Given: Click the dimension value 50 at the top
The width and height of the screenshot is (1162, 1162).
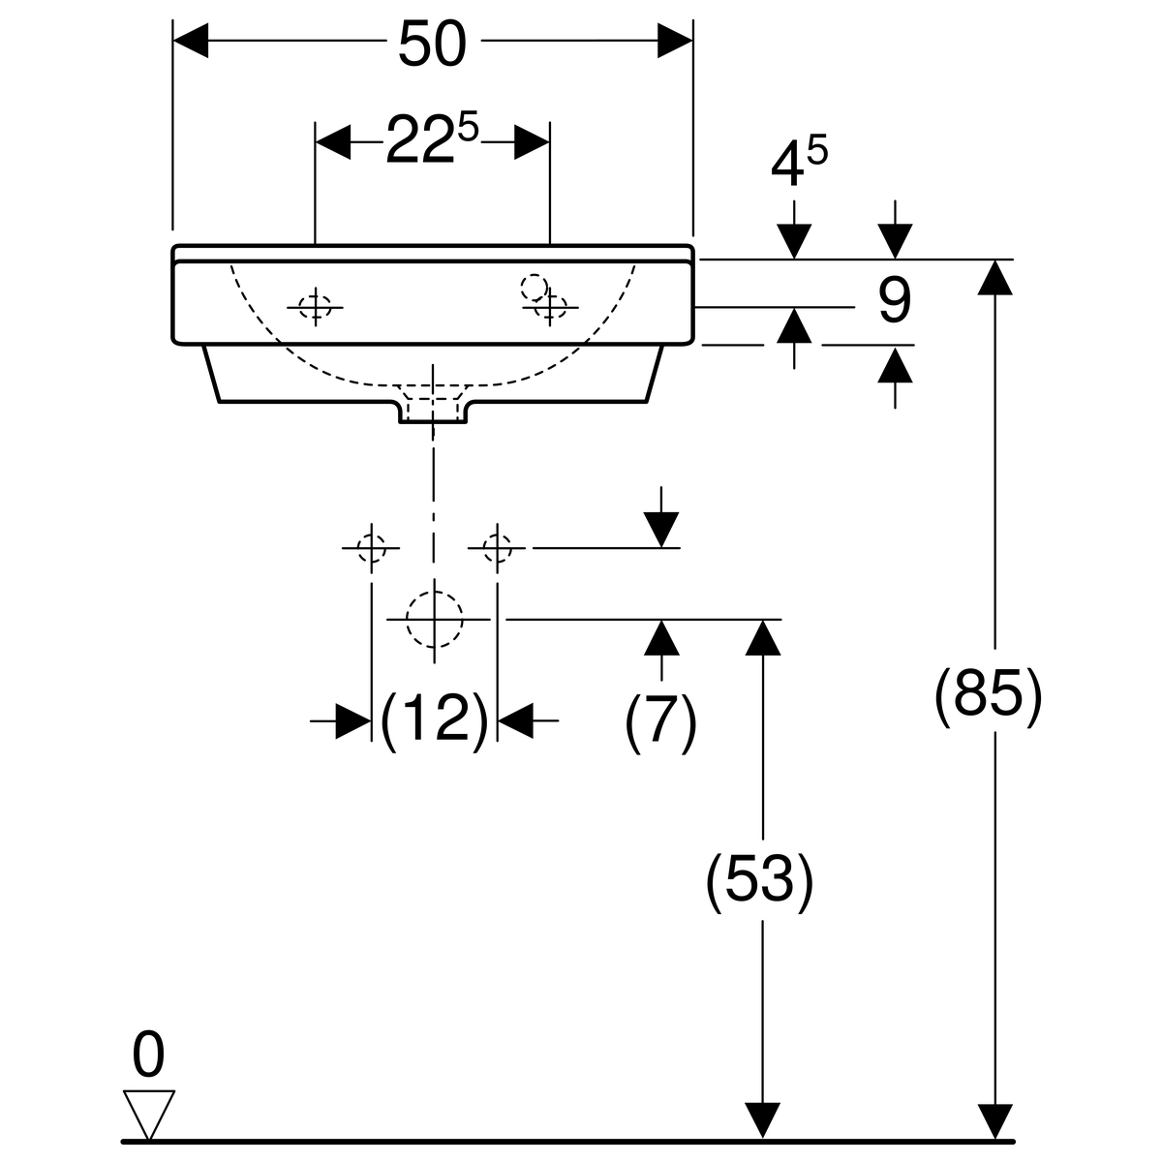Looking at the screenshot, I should (432, 45).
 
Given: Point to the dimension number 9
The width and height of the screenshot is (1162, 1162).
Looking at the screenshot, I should (894, 300).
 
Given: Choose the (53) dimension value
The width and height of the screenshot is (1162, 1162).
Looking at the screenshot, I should (759, 881).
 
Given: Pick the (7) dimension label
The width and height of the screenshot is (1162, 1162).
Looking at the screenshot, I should (660, 721).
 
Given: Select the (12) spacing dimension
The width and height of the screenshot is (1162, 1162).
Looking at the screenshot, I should (434, 720).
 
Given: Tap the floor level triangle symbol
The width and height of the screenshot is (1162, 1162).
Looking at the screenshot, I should (149, 1115).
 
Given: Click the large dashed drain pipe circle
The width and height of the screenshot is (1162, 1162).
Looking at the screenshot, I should (434, 619).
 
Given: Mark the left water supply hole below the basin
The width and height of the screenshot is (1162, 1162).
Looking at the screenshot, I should (371, 548).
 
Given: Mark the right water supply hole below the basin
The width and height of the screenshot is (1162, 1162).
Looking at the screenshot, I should (497, 548).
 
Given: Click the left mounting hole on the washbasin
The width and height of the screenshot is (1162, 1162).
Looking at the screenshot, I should (315, 307).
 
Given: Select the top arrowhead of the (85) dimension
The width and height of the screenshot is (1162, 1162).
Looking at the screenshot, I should (994, 277).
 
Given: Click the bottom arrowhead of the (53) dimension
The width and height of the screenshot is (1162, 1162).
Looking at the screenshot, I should (764, 1121).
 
